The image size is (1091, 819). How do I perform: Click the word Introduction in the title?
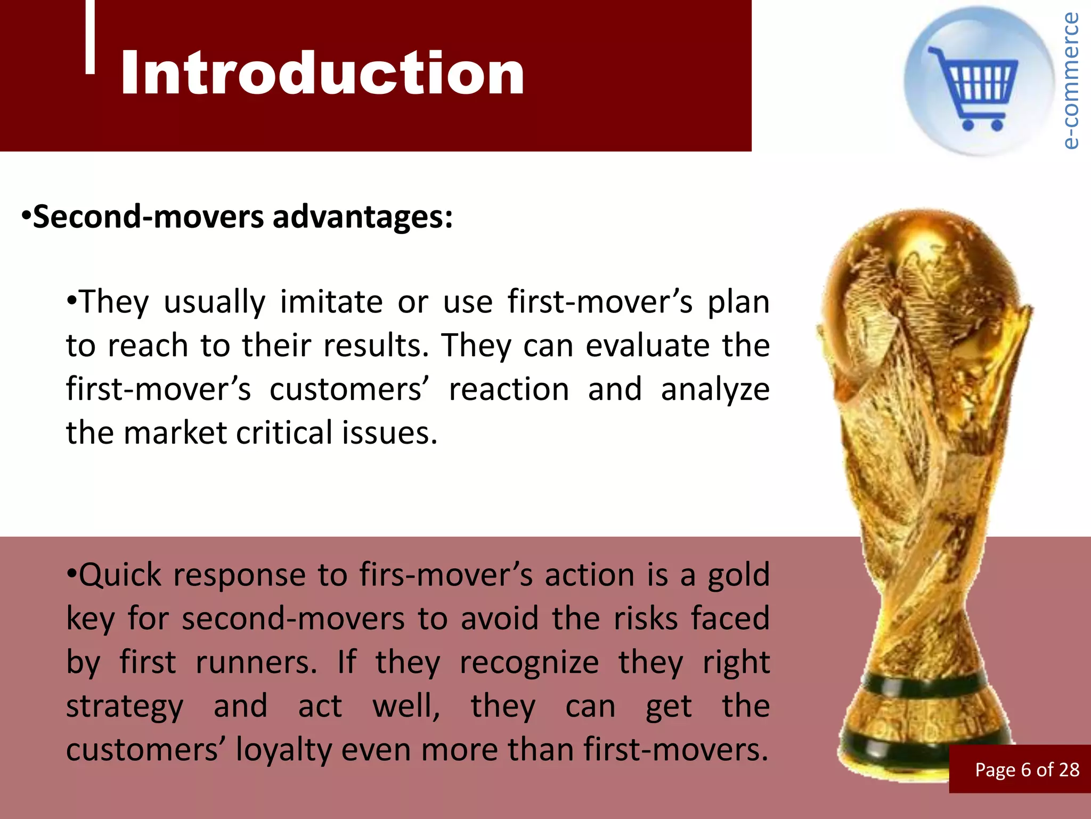click(x=322, y=73)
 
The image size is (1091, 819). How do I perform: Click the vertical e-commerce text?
click(x=1070, y=80)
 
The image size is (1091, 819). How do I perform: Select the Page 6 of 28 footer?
click(x=1027, y=770)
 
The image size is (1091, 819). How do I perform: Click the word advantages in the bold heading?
click(x=362, y=218)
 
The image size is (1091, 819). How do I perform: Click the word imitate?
click(x=331, y=302)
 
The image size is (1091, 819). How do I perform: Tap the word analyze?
click(x=715, y=390)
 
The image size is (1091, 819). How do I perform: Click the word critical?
click(x=284, y=433)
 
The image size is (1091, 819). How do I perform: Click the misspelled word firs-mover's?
click(x=445, y=576)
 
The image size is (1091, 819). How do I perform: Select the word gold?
click(x=738, y=576)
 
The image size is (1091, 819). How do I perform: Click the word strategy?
click(x=125, y=707)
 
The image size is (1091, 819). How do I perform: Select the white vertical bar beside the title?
click(x=90, y=36)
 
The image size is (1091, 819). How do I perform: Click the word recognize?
click(x=529, y=663)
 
